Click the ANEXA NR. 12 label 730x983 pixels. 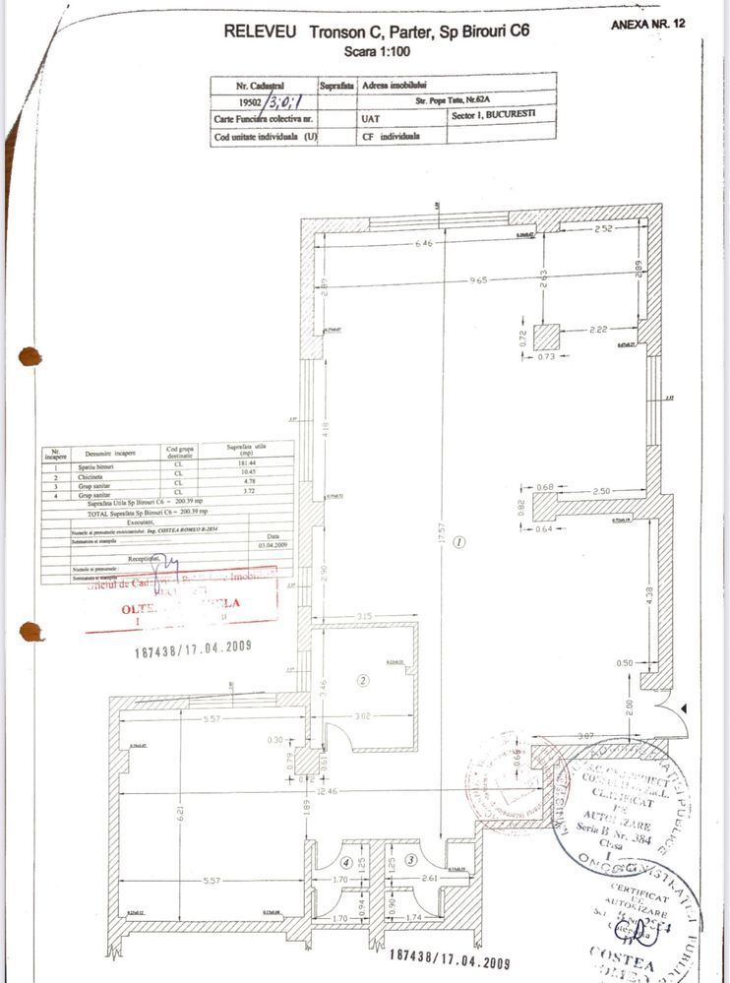coord(647,23)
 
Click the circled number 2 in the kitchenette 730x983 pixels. coord(362,679)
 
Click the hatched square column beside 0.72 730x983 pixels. coord(546,337)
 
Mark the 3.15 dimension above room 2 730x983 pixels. coord(363,618)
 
